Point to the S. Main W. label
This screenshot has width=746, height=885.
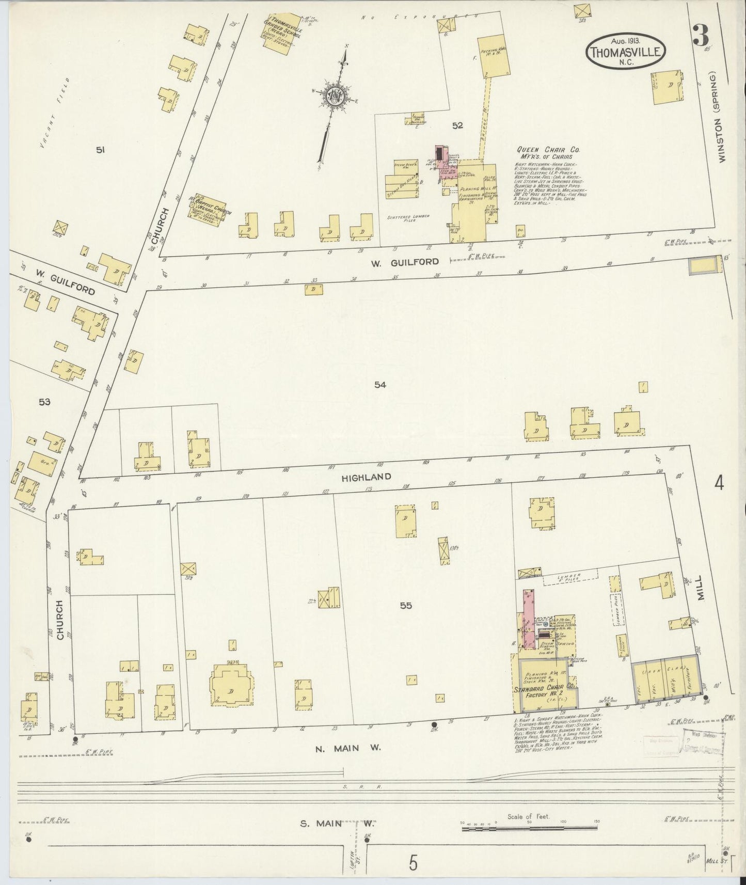tap(336, 823)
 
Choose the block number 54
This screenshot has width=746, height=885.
tap(380, 384)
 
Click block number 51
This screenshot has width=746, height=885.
tap(101, 150)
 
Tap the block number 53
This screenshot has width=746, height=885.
tap(44, 401)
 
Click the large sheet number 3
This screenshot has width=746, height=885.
tap(700, 35)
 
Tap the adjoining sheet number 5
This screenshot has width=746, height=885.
tap(412, 863)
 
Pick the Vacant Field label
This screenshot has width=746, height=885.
tap(50, 120)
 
